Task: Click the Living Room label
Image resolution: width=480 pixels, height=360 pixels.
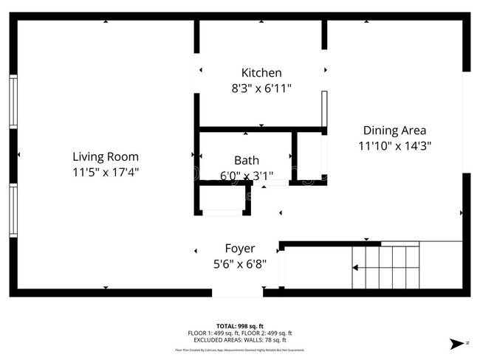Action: pyautogui.click(x=106, y=156)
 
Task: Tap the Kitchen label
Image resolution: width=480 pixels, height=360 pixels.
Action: pyautogui.click(x=261, y=72)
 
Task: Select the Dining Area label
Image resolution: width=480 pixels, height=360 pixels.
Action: pyautogui.click(x=394, y=131)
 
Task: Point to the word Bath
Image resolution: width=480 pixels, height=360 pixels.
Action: pyautogui.click(x=246, y=160)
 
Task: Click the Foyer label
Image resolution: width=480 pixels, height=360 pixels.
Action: pyautogui.click(x=240, y=249)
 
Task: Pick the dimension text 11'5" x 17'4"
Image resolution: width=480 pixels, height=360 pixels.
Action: pyautogui.click(x=106, y=172)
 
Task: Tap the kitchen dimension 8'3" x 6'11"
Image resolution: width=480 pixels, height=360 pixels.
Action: pyautogui.click(x=261, y=88)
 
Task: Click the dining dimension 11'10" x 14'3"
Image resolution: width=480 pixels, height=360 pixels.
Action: pyautogui.click(x=394, y=146)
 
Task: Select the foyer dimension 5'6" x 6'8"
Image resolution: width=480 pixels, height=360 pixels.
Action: pyautogui.click(x=240, y=263)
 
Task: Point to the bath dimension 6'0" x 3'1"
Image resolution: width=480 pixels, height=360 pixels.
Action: pyautogui.click(x=246, y=176)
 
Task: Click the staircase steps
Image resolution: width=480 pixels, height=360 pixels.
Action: pyautogui.click(x=385, y=267)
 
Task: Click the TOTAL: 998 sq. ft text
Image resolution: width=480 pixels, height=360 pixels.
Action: pyautogui.click(x=240, y=325)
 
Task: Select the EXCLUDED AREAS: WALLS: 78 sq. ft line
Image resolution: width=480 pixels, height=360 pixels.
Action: pyautogui.click(x=240, y=340)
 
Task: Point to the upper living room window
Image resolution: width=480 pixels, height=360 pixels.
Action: pyautogui.click(x=13, y=102)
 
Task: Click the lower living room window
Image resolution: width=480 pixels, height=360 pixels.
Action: pyautogui.click(x=13, y=210)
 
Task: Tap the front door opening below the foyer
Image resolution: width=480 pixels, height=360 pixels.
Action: pyautogui.click(x=237, y=292)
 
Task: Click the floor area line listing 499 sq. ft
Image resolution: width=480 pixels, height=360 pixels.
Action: pyautogui.click(x=240, y=333)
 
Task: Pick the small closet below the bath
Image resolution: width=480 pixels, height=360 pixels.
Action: pyautogui.click(x=222, y=200)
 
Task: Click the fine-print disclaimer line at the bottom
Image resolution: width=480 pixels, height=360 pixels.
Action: pyautogui.click(x=240, y=350)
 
